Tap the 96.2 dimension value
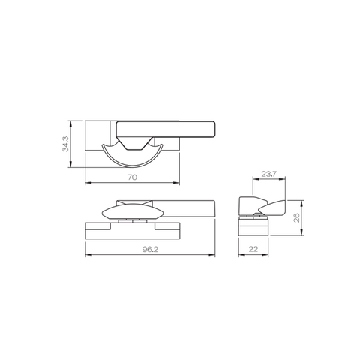(150, 250)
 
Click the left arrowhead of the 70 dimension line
(87, 183)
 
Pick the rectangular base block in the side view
(249, 225)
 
